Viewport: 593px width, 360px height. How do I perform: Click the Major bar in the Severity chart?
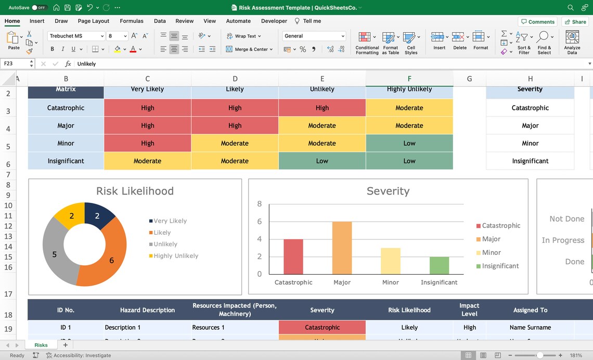[342, 248]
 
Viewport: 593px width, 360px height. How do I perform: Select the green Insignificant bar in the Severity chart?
[439, 265]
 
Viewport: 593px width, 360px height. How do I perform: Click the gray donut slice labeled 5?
[54, 250]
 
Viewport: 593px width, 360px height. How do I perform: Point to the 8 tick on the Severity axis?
[260, 204]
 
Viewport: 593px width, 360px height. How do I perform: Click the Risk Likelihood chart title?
[135, 191]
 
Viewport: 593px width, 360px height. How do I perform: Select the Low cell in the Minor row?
[409, 143]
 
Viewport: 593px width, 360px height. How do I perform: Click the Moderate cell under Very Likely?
[147, 161]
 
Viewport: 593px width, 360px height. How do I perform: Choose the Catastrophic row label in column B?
[66, 108]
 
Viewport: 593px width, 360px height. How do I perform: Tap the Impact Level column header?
[469, 310]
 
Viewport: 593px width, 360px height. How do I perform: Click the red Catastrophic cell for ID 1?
[322, 327]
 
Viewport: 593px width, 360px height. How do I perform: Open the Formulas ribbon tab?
[132, 21]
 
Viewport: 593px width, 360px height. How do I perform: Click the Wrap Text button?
[244, 36]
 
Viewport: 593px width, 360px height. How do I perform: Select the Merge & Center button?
[249, 49]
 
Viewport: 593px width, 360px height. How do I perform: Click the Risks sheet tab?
[41, 345]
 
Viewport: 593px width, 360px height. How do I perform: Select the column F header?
[409, 79]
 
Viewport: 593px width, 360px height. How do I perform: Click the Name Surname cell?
[530, 327]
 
